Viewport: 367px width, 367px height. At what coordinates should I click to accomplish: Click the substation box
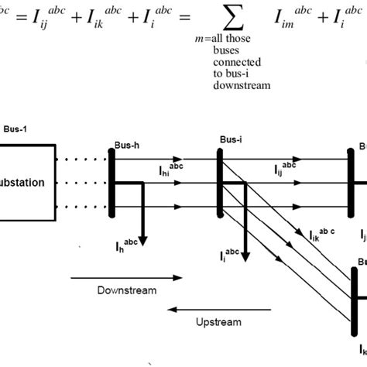[x=27, y=183]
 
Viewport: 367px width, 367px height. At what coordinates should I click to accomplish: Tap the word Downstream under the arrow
[x=127, y=290]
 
